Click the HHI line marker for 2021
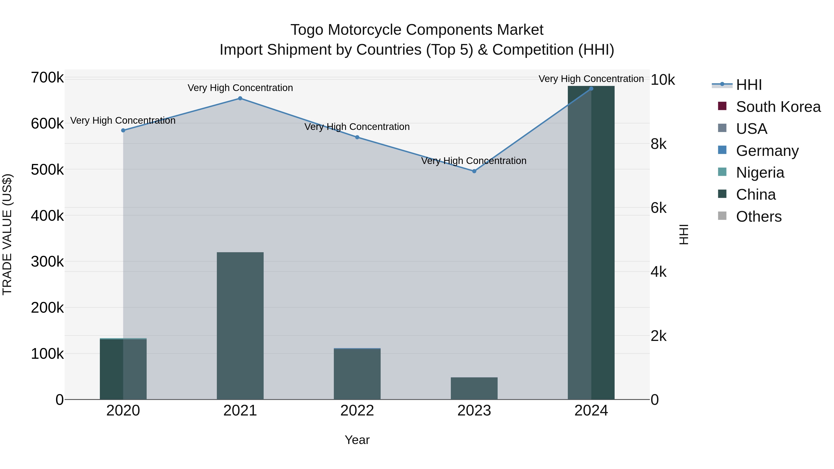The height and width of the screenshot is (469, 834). [x=240, y=98]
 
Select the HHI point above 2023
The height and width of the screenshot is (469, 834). [x=474, y=171]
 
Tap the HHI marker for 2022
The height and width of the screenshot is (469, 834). [x=357, y=137]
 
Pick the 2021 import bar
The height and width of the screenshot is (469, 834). [x=240, y=325]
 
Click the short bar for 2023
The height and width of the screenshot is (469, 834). [x=474, y=388]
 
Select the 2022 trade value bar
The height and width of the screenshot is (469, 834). [x=357, y=374]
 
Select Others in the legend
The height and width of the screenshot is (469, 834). [x=758, y=217]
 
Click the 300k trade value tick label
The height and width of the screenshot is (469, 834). [x=47, y=261]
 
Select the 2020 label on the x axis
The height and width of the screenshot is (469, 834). [x=123, y=411]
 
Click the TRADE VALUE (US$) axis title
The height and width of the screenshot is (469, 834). [x=7, y=234]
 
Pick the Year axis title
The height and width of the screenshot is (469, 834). [x=357, y=440]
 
